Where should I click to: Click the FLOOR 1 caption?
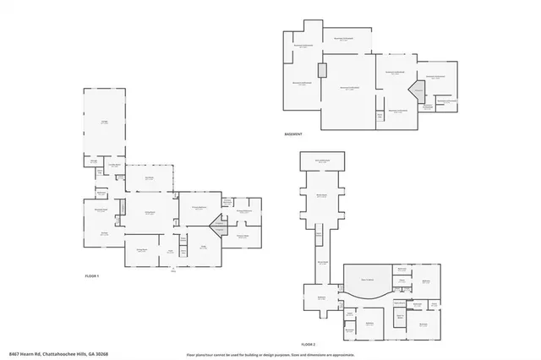click(92, 276)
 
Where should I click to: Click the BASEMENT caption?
click(295, 135)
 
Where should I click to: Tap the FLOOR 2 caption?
click(308, 345)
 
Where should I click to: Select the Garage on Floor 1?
click(105, 123)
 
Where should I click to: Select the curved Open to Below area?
click(368, 282)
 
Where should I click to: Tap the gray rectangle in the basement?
click(322, 71)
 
